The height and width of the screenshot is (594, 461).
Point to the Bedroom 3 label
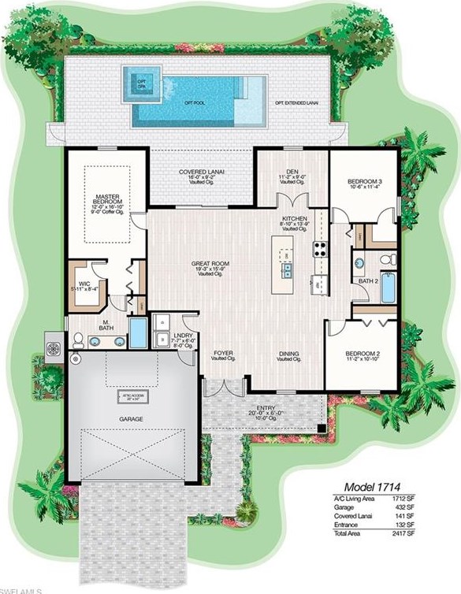tap(364, 183)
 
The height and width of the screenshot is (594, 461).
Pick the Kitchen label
tap(294, 220)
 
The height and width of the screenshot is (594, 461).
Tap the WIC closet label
tap(84, 284)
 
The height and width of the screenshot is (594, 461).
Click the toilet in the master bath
tap(78, 340)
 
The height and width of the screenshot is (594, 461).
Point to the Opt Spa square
tap(142, 80)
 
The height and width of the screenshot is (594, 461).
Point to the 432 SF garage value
tap(437, 508)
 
